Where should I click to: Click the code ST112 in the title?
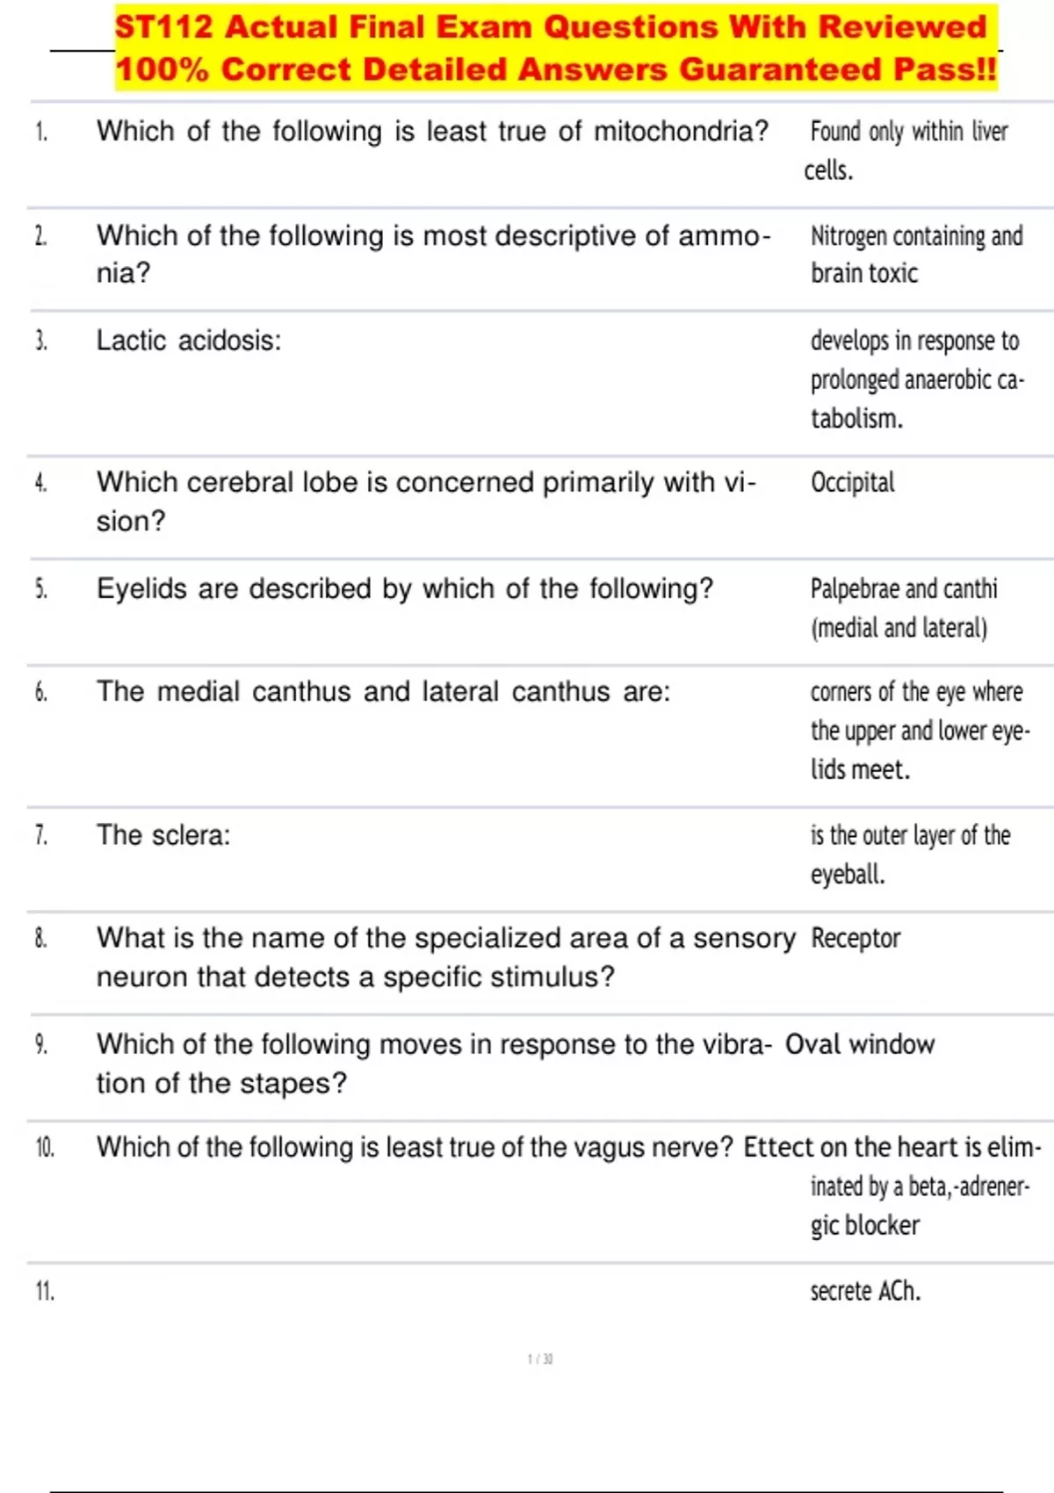tap(163, 26)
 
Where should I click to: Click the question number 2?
tap(40, 236)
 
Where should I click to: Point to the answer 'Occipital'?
tap(852, 482)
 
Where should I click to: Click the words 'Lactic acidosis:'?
tap(189, 341)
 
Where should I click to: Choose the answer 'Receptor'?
tap(855, 938)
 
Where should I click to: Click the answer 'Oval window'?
tap(859, 1044)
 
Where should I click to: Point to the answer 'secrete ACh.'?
tap(865, 1291)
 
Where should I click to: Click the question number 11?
tap(44, 1292)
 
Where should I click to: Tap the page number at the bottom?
tap(540, 1360)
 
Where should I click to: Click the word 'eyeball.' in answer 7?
tap(848, 875)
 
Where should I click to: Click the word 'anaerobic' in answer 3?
tap(948, 380)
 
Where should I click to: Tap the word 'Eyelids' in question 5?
tap(141, 588)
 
